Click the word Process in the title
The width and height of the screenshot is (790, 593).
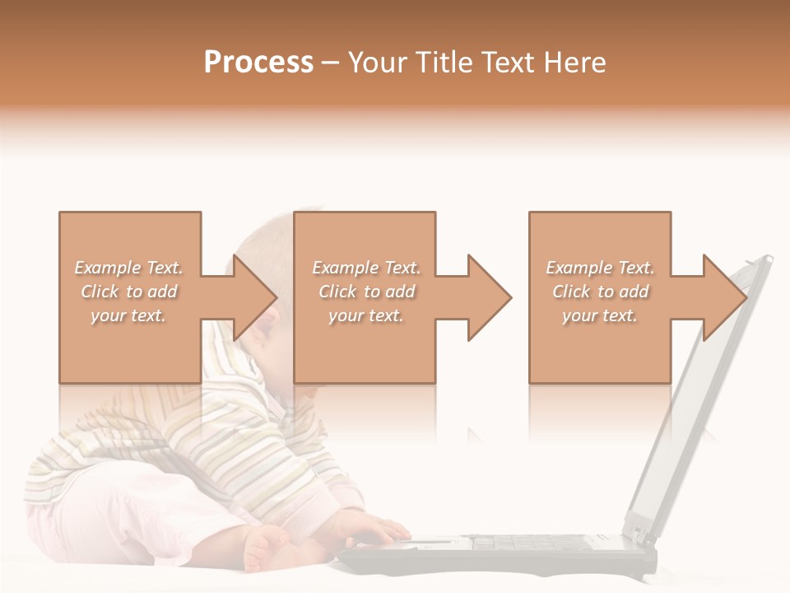click(x=258, y=63)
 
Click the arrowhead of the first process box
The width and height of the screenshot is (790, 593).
click(x=255, y=297)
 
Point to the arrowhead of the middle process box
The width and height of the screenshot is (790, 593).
click(x=490, y=297)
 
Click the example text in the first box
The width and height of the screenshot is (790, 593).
click(x=128, y=292)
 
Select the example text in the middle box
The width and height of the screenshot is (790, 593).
click(x=365, y=292)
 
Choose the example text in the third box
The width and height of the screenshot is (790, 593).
click(x=600, y=292)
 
